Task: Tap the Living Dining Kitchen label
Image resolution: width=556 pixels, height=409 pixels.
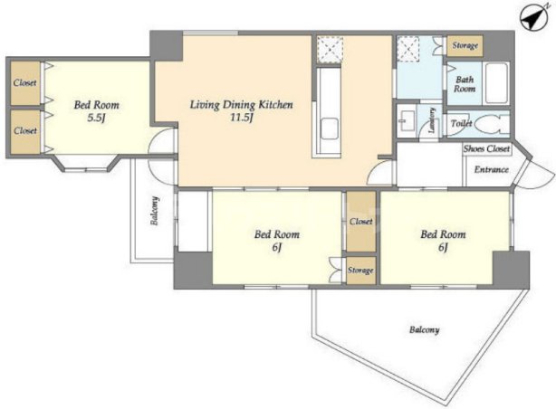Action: click(242, 105)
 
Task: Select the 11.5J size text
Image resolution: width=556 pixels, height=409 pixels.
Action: click(242, 118)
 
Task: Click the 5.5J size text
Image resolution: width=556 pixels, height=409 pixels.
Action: click(97, 118)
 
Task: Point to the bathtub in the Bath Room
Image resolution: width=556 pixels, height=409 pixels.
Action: click(495, 83)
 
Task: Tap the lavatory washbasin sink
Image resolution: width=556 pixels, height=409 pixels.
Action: click(407, 121)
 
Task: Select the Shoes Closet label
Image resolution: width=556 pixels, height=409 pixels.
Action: click(486, 148)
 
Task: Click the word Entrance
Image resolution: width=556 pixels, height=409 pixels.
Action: click(492, 169)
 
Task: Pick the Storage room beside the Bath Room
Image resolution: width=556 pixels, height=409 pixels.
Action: click(465, 45)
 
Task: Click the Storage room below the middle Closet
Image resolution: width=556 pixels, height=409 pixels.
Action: click(360, 271)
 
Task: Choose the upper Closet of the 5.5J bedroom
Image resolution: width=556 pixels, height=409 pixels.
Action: click(25, 83)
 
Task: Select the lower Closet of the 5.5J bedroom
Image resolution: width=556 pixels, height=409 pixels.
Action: click(25, 131)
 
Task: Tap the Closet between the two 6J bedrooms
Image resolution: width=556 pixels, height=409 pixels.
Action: click(361, 222)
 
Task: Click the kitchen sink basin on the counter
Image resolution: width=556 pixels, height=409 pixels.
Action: click(330, 129)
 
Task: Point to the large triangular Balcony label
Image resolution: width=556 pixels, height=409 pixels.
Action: click(425, 330)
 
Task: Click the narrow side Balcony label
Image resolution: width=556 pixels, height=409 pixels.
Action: click(155, 211)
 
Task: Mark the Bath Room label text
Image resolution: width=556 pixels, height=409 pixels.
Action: click(465, 84)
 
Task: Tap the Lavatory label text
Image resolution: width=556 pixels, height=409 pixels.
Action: click(432, 120)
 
